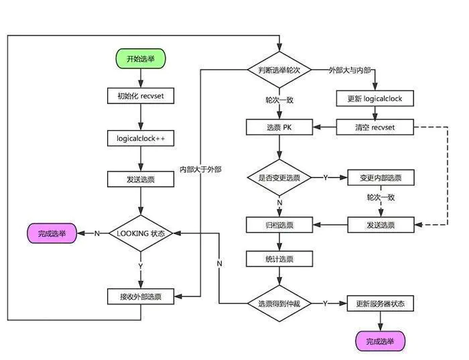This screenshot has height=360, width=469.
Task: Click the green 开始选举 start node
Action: coord(141,58)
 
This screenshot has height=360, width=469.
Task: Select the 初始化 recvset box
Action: coord(141,96)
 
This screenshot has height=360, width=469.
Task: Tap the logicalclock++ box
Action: coord(141,138)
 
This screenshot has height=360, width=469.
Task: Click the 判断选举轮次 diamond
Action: coord(279,70)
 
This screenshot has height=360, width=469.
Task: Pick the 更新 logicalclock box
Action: coord(375,99)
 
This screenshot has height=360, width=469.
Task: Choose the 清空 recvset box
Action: coord(375,127)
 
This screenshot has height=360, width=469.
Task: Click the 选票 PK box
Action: coord(279,127)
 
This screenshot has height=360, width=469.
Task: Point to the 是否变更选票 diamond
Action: coord(279,178)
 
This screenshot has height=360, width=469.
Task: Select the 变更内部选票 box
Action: coord(381,178)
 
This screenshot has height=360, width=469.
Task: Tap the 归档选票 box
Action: coord(279,225)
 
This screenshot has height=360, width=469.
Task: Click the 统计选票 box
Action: coord(279,259)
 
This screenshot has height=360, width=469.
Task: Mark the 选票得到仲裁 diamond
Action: coord(279,304)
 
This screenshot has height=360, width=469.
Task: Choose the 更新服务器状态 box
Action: coord(380,304)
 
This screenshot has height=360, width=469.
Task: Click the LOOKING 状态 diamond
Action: coord(141,233)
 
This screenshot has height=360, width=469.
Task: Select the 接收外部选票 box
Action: coord(141,296)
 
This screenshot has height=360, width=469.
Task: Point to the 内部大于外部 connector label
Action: coord(200,170)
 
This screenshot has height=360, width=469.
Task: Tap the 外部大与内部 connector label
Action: coord(350,70)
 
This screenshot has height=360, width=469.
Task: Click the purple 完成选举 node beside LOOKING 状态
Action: coord(52,233)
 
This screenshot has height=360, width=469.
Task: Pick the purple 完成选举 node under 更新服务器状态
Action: coord(380,341)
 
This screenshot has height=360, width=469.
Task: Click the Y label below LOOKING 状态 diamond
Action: coord(141,266)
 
